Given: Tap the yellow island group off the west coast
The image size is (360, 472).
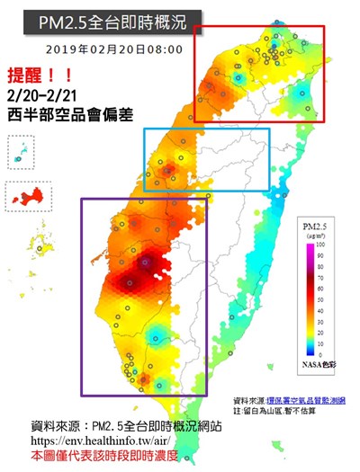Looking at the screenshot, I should pos(41,243).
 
